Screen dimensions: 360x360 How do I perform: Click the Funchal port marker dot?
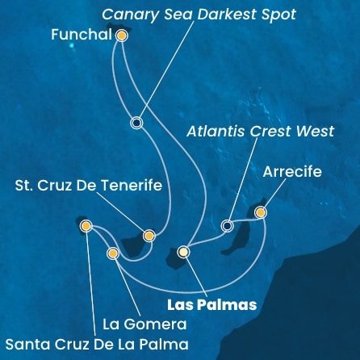click(122, 36)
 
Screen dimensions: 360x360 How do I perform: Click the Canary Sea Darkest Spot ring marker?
click(136, 123)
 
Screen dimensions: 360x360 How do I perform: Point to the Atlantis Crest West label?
click(258, 132)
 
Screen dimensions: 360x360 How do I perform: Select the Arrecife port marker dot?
click(260, 212)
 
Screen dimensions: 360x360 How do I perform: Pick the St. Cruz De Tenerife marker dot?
click(149, 236)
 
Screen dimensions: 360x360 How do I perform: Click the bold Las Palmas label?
click(211, 305)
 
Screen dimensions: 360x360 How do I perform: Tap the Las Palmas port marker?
click(183, 252)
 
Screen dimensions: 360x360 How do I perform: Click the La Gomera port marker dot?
click(113, 253)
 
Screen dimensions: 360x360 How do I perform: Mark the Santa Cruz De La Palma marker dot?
click(86, 227)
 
